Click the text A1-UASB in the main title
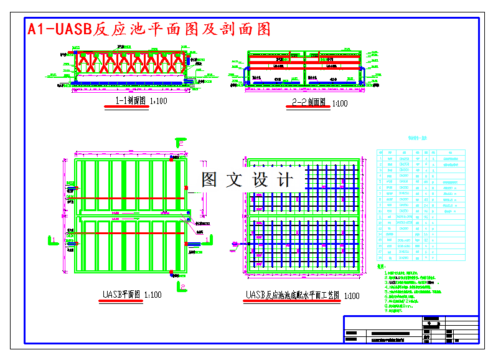(59, 29)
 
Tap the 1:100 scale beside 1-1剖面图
(159, 101)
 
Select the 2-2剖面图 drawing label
(309, 102)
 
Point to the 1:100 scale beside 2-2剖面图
(340, 103)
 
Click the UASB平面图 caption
(121, 295)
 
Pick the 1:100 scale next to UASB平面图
(153, 295)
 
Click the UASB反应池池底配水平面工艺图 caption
(293, 295)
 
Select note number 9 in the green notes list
(387, 310)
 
